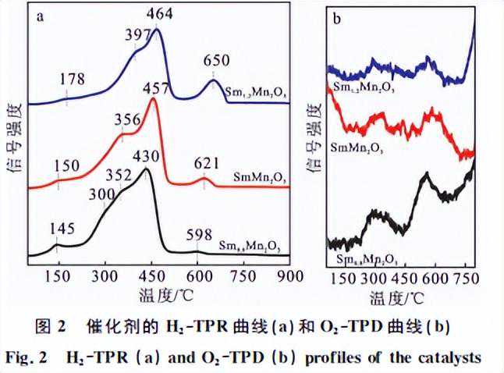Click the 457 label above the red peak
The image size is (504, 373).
click(158, 85)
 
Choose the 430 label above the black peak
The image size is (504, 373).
click(149, 157)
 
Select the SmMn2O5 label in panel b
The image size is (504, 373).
click(360, 146)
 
